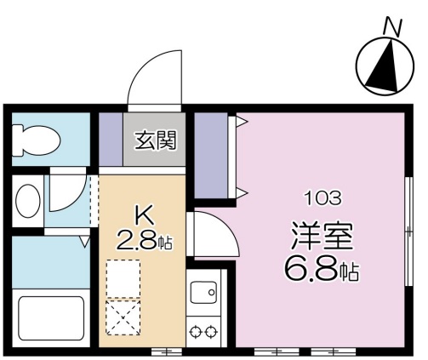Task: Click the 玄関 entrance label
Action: (x=154, y=140)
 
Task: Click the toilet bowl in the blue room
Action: (x=34, y=139)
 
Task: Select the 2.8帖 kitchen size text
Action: (x=146, y=242)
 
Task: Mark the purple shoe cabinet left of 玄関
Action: (x=111, y=138)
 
